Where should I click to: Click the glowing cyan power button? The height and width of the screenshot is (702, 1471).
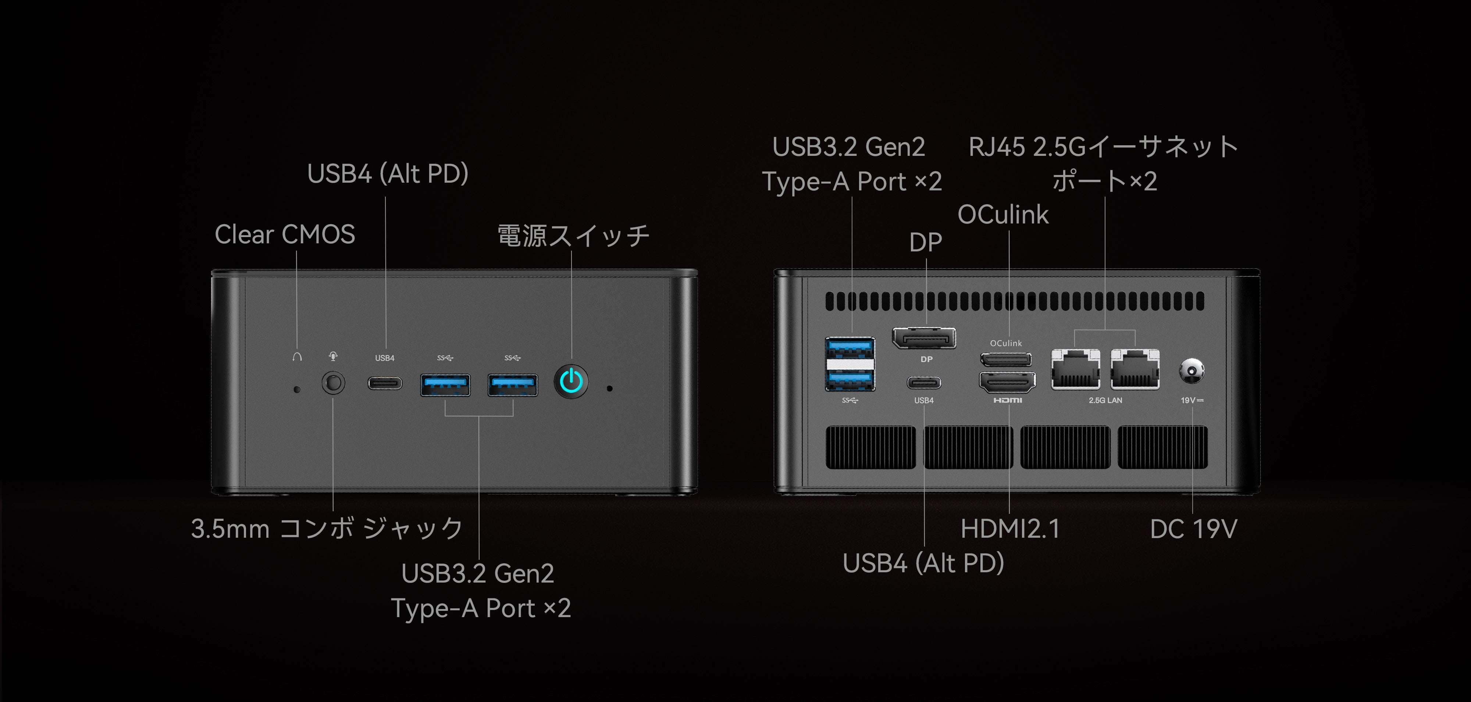[571, 381]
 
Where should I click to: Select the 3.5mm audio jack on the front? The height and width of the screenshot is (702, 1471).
[334, 382]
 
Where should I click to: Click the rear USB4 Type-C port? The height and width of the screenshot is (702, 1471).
[924, 382]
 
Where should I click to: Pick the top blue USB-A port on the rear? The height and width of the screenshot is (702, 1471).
[850, 348]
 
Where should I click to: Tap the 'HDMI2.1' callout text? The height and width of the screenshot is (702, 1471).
[1009, 529]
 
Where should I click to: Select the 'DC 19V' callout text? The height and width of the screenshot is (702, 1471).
[1193, 529]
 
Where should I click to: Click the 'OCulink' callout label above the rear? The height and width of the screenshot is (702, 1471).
[1003, 215]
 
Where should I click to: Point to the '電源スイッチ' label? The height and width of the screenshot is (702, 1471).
[573, 236]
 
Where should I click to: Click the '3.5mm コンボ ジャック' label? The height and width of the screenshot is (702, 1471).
[327, 529]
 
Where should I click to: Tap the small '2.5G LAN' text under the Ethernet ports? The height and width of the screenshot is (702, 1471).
[1105, 401]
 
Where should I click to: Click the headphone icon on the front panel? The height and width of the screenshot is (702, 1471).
[297, 357]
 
